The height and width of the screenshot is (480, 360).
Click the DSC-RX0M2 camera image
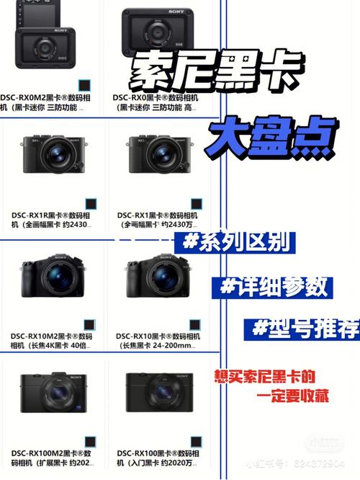pos(45,44)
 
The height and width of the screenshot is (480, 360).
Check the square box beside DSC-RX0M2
pos(84,84)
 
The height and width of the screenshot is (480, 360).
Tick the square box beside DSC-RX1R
pos(91,204)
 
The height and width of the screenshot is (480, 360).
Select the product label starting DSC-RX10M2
pos(50,340)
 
